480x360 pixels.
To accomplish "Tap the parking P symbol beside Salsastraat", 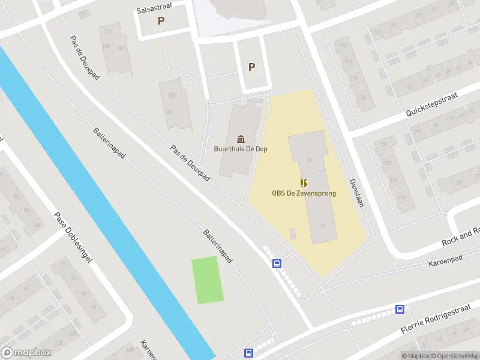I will pyautogui.click(x=160, y=21).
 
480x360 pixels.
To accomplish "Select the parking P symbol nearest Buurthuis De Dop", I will pyautogui.click(x=251, y=67).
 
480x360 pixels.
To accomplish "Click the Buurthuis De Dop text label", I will pyautogui.click(x=240, y=149).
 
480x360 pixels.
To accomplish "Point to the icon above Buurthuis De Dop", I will pyautogui.click(x=241, y=139).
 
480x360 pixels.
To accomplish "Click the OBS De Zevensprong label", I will pyautogui.click(x=304, y=193).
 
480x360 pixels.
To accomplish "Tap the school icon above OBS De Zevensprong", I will pyautogui.click(x=304, y=182).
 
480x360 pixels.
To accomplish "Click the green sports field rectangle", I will pyautogui.click(x=208, y=280).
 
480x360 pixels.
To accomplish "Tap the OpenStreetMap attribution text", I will pyautogui.click(x=452, y=356).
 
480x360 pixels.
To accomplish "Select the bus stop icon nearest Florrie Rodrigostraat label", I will pyautogui.click(x=400, y=310).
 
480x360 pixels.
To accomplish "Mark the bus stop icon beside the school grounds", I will pyautogui.click(x=277, y=263).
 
